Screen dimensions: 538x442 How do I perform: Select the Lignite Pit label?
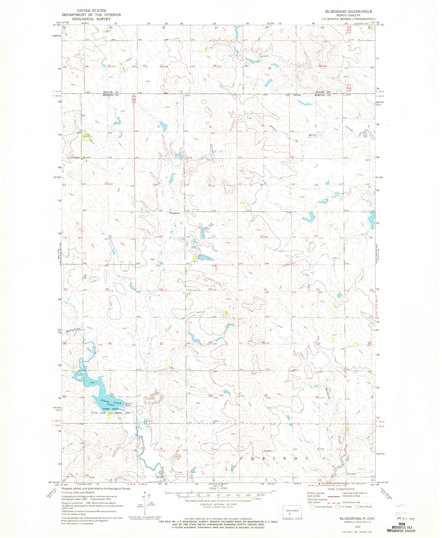pyautogui.click(x=264, y=56)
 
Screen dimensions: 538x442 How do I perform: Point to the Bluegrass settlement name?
pyautogui.click(x=175, y=213)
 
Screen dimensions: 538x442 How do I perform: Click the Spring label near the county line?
pyautogui.click(x=297, y=95)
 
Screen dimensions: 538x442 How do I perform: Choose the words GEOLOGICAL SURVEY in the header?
pyautogui.click(x=91, y=19)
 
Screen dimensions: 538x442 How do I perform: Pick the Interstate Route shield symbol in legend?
pyautogui.click(x=312, y=507)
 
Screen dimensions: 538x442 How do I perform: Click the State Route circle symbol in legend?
pyautogui.click(x=357, y=507)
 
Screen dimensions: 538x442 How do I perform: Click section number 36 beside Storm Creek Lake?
pyautogui.click(x=112, y=394)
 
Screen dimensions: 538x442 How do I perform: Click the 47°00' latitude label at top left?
pyautogui.click(x=56, y=25)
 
